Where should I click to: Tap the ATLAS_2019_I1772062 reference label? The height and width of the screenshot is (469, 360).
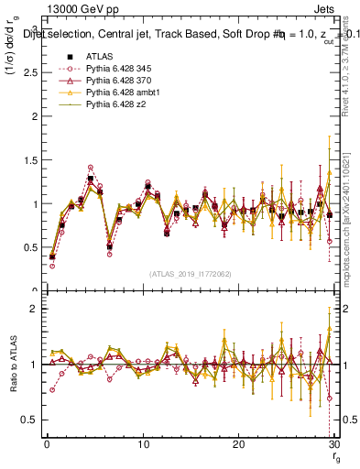(x=189, y=274)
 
